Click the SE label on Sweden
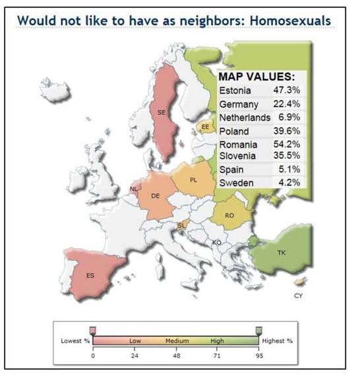coord(162,112)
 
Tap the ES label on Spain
coord(90,276)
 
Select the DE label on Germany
coord(156,196)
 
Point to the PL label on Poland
coord(194,180)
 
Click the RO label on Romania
coord(229,216)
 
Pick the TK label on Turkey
coord(282,253)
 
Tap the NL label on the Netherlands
coord(134,189)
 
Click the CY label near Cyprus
coord(298,296)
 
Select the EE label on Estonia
coord(205,127)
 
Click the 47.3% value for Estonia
coord(287,90)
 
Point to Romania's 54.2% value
coord(287,144)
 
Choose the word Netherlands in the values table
coord(245,117)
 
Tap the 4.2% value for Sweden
coord(289,183)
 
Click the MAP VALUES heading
coord(256,77)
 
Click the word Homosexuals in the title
coord(290,20)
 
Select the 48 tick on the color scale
coord(177,356)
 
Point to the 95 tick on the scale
coord(259,356)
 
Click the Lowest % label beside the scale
coord(75,341)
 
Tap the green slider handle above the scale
coord(259,330)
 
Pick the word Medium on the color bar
coord(177,341)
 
